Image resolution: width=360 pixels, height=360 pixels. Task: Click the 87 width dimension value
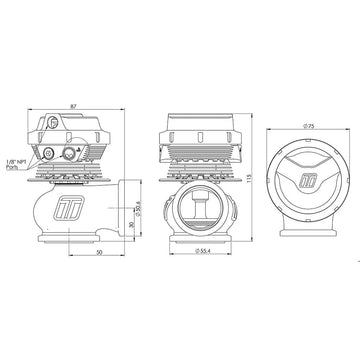(74, 106)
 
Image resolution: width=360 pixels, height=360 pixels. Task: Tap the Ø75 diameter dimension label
(309, 126)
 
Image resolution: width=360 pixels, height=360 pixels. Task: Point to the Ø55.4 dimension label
(202, 251)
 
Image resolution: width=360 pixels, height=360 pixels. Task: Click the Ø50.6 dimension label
(139, 210)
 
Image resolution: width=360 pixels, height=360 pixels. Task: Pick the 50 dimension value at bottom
(99, 252)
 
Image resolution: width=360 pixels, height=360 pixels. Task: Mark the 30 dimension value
(132, 225)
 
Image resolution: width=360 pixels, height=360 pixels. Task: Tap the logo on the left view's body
(68, 208)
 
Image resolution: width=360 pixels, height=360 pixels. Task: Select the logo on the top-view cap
(307, 181)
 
